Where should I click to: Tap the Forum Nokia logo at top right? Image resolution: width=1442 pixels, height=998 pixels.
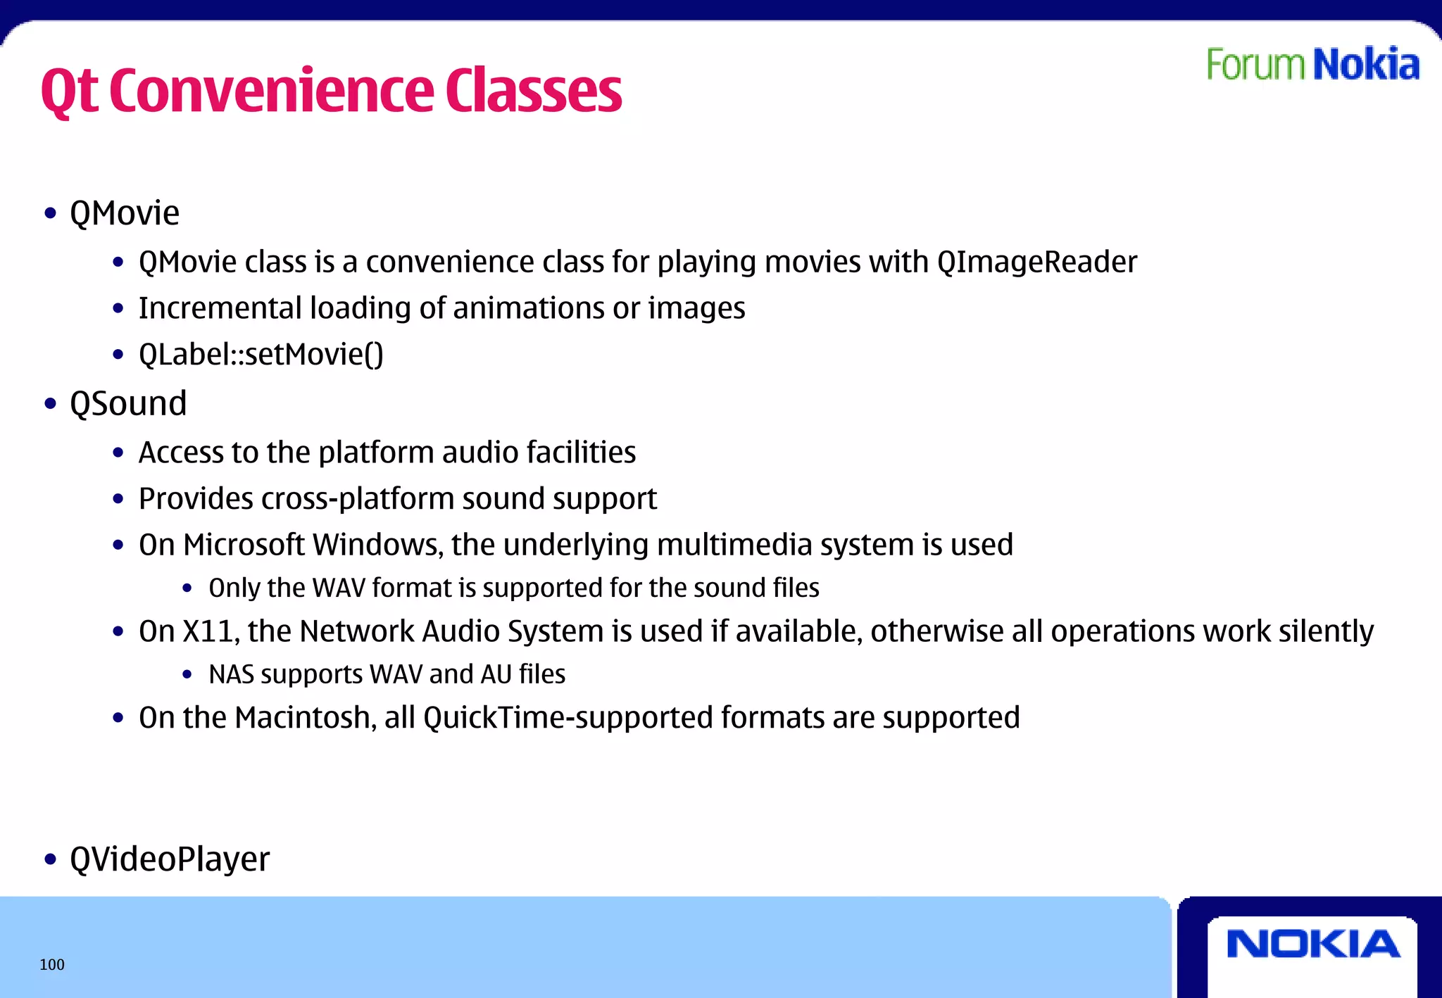1312,65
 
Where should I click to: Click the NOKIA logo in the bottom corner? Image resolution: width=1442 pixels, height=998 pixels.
1312,944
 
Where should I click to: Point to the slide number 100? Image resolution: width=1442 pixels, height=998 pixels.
52,965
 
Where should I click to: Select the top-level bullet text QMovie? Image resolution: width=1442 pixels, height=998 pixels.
125,213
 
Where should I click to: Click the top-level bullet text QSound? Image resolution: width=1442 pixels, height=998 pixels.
128,404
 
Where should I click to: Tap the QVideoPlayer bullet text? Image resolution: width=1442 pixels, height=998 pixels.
170,859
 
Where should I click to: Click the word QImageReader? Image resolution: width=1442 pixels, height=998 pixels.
1036,263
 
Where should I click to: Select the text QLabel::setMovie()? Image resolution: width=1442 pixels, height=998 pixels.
261,354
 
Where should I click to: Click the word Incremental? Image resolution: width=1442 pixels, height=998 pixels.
220,308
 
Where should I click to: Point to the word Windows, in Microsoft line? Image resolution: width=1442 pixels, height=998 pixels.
378,545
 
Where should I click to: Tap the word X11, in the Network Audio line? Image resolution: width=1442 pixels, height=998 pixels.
211,631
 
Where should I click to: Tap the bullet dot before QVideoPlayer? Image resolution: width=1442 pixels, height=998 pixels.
50,859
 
